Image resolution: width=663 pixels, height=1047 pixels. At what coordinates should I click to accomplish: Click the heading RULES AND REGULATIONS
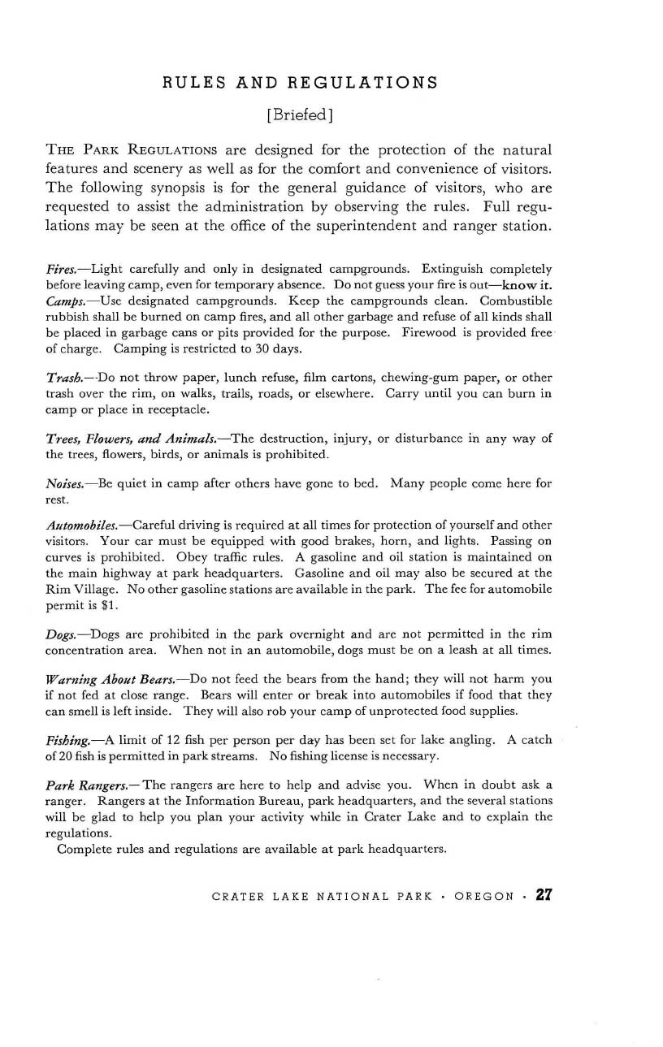pos(300,83)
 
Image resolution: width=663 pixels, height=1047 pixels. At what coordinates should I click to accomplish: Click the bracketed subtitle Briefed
pos(300,115)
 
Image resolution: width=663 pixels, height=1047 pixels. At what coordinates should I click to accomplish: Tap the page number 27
pos(544,896)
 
